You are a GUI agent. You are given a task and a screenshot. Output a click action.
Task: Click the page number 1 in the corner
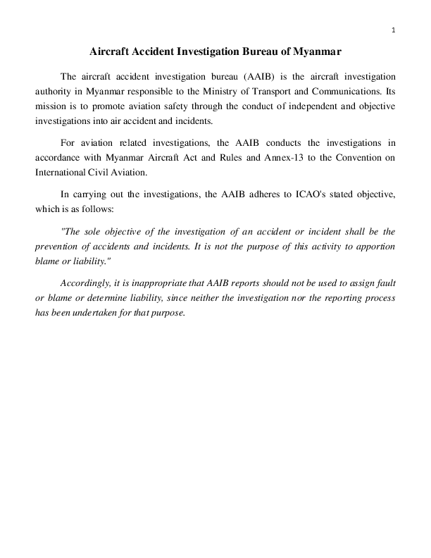393,29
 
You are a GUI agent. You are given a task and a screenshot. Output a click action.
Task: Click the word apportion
374,247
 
